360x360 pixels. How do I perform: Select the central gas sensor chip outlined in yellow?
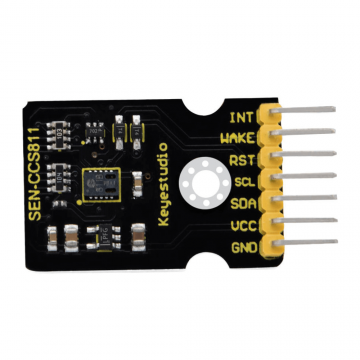pos(98,186)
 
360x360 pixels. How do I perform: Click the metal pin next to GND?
pos(305,247)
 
